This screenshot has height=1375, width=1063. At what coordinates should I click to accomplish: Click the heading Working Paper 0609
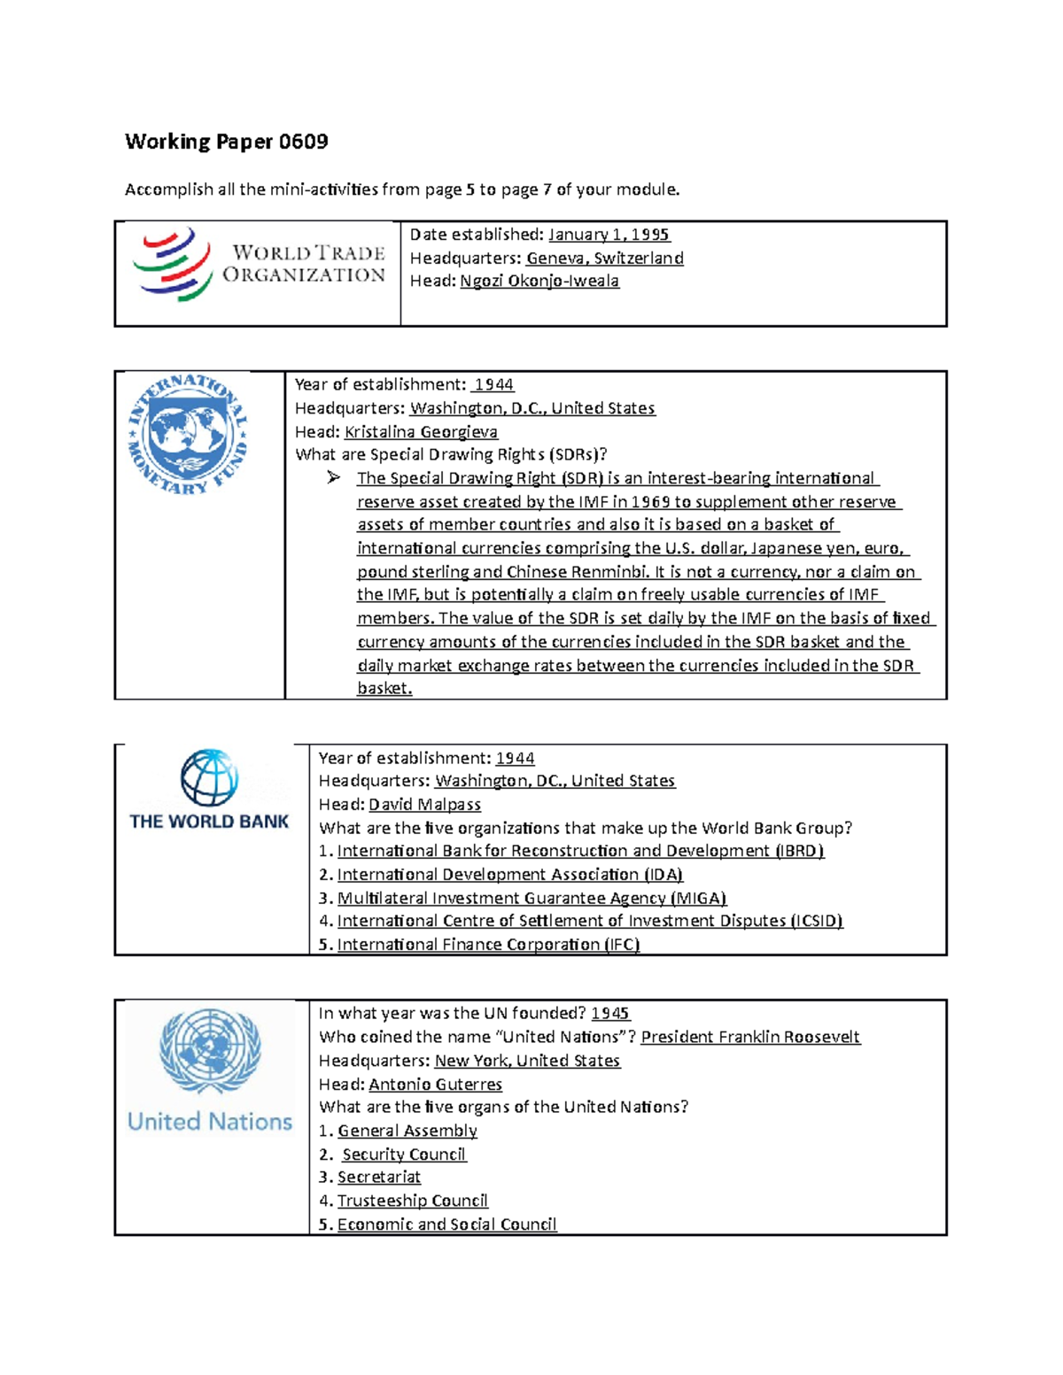(x=226, y=142)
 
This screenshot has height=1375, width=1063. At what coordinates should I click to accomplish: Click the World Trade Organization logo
(x=259, y=265)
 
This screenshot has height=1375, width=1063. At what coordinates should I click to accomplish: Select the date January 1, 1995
(x=609, y=235)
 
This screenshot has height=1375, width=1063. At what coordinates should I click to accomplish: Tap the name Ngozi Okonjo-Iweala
(x=539, y=282)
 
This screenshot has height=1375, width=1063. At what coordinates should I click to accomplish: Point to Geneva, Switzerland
(x=604, y=259)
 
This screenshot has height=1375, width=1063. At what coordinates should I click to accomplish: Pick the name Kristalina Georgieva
(x=421, y=432)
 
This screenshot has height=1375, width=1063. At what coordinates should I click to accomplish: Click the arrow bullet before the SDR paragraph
(x=333, y=478)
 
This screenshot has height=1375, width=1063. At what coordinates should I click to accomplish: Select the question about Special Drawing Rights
(x=451, y=455)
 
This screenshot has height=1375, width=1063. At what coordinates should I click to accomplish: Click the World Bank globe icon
(x=209, y=777)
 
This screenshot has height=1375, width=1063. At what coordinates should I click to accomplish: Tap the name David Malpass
(x=424, y=805)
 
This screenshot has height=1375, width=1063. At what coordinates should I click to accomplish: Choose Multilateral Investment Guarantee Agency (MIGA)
(x=531, y=899)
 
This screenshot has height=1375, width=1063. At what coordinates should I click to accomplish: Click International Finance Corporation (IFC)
(x=488, y=945)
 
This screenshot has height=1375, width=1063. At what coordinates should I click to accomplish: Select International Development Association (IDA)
(x=510, y=875)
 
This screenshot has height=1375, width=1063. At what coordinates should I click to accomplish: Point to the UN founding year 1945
(x=609, y=1014)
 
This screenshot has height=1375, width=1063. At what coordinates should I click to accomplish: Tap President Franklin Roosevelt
(x=749, y=1037)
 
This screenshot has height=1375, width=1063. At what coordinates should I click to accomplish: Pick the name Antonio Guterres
(x=435, y=1085)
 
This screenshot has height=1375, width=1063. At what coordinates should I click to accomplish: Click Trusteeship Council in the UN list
(x=412, y=1201)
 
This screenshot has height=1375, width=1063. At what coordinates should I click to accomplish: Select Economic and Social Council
(x=446, y=1224)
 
